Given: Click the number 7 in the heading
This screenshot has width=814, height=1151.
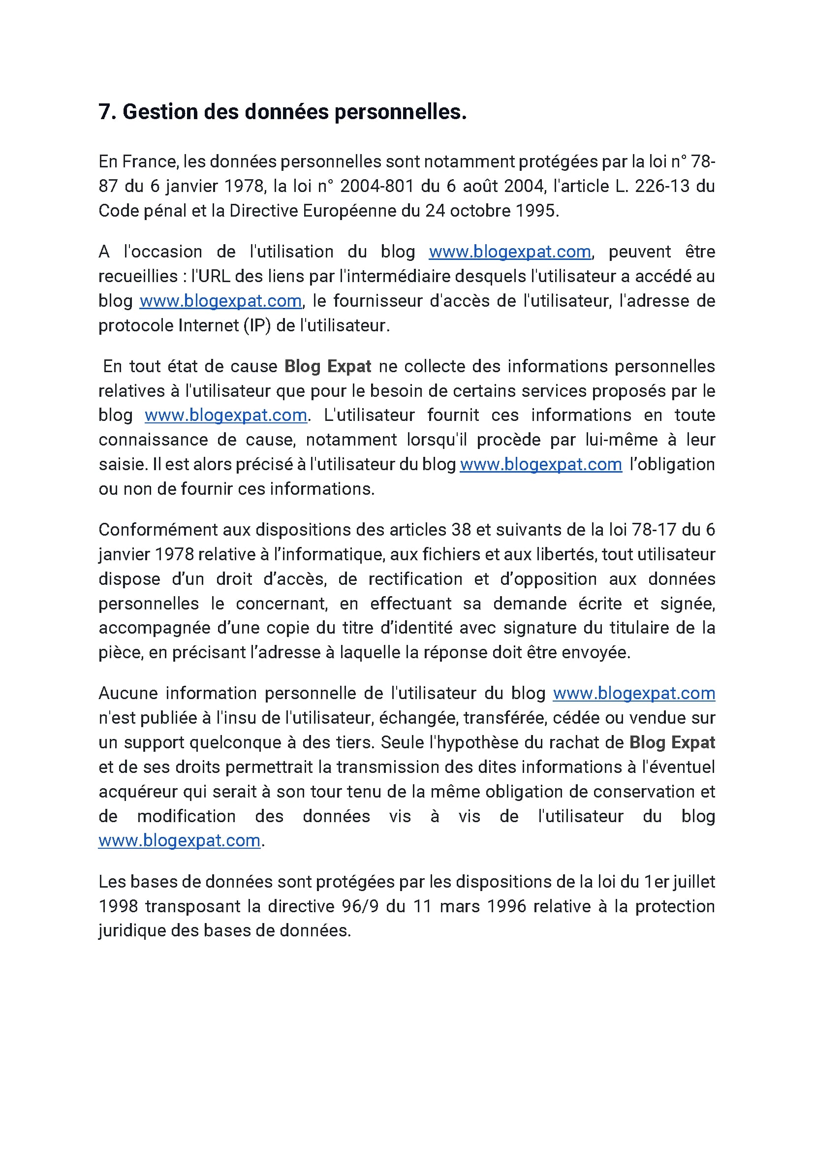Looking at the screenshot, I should click(x=104, y=112).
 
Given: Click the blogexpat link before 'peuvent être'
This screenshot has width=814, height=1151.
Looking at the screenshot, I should click(x=510, y=252).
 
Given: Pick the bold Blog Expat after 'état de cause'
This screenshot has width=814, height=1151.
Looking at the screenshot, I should click(x=328, y=366).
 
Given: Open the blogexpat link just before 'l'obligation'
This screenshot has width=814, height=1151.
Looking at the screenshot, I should click(x=541, y=465).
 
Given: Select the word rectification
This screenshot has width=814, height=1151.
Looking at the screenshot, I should click(x=415, y=579).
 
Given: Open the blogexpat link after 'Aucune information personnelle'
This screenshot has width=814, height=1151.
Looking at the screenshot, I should click(x=634, y=693).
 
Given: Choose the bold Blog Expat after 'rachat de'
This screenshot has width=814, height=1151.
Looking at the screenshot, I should click(x=672, y=742).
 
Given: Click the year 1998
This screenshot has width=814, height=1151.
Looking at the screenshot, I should click(x=118, y=906).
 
